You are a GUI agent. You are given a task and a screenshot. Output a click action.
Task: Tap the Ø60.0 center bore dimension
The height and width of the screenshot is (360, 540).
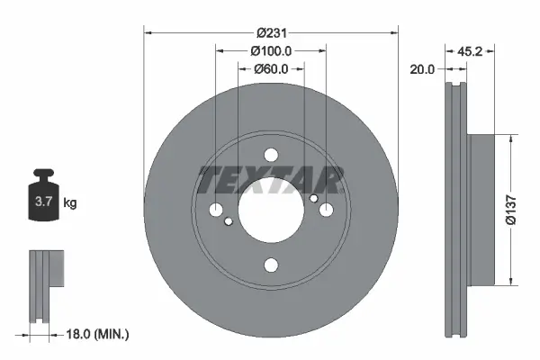270,68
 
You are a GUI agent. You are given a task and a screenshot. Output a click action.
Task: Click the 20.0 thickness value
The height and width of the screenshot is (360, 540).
422,67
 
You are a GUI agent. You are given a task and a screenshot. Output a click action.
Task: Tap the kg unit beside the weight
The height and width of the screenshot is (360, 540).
69,203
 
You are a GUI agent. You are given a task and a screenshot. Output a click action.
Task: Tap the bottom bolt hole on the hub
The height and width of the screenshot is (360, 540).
270,265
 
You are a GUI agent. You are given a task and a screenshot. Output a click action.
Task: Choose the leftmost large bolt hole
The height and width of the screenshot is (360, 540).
217,211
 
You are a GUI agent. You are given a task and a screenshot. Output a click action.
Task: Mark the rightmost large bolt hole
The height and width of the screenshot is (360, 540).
324,211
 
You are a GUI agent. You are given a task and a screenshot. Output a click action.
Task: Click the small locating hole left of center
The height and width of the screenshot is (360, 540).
229,221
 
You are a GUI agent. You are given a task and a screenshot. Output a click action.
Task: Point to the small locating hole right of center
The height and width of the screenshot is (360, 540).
312,199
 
